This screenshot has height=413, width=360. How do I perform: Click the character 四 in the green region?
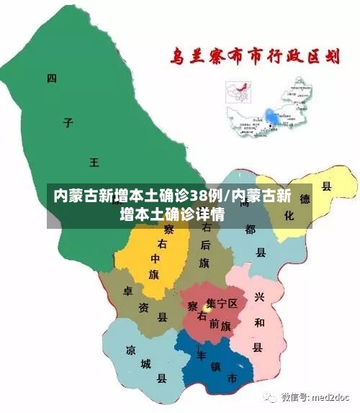click(51, 78)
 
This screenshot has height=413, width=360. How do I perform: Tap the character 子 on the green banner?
click(68, 122)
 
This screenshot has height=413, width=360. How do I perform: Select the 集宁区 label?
click(221, 304)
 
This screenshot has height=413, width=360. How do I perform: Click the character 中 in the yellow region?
click(155, 258)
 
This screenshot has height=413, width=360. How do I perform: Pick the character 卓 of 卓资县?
click(127, 291)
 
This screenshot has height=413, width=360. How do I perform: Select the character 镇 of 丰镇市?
click(215, 366)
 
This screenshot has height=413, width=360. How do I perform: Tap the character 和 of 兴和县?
click(258, 321)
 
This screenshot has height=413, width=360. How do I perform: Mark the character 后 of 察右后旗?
click(206, 244)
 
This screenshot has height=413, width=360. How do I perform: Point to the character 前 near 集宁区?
click(215, 323)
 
